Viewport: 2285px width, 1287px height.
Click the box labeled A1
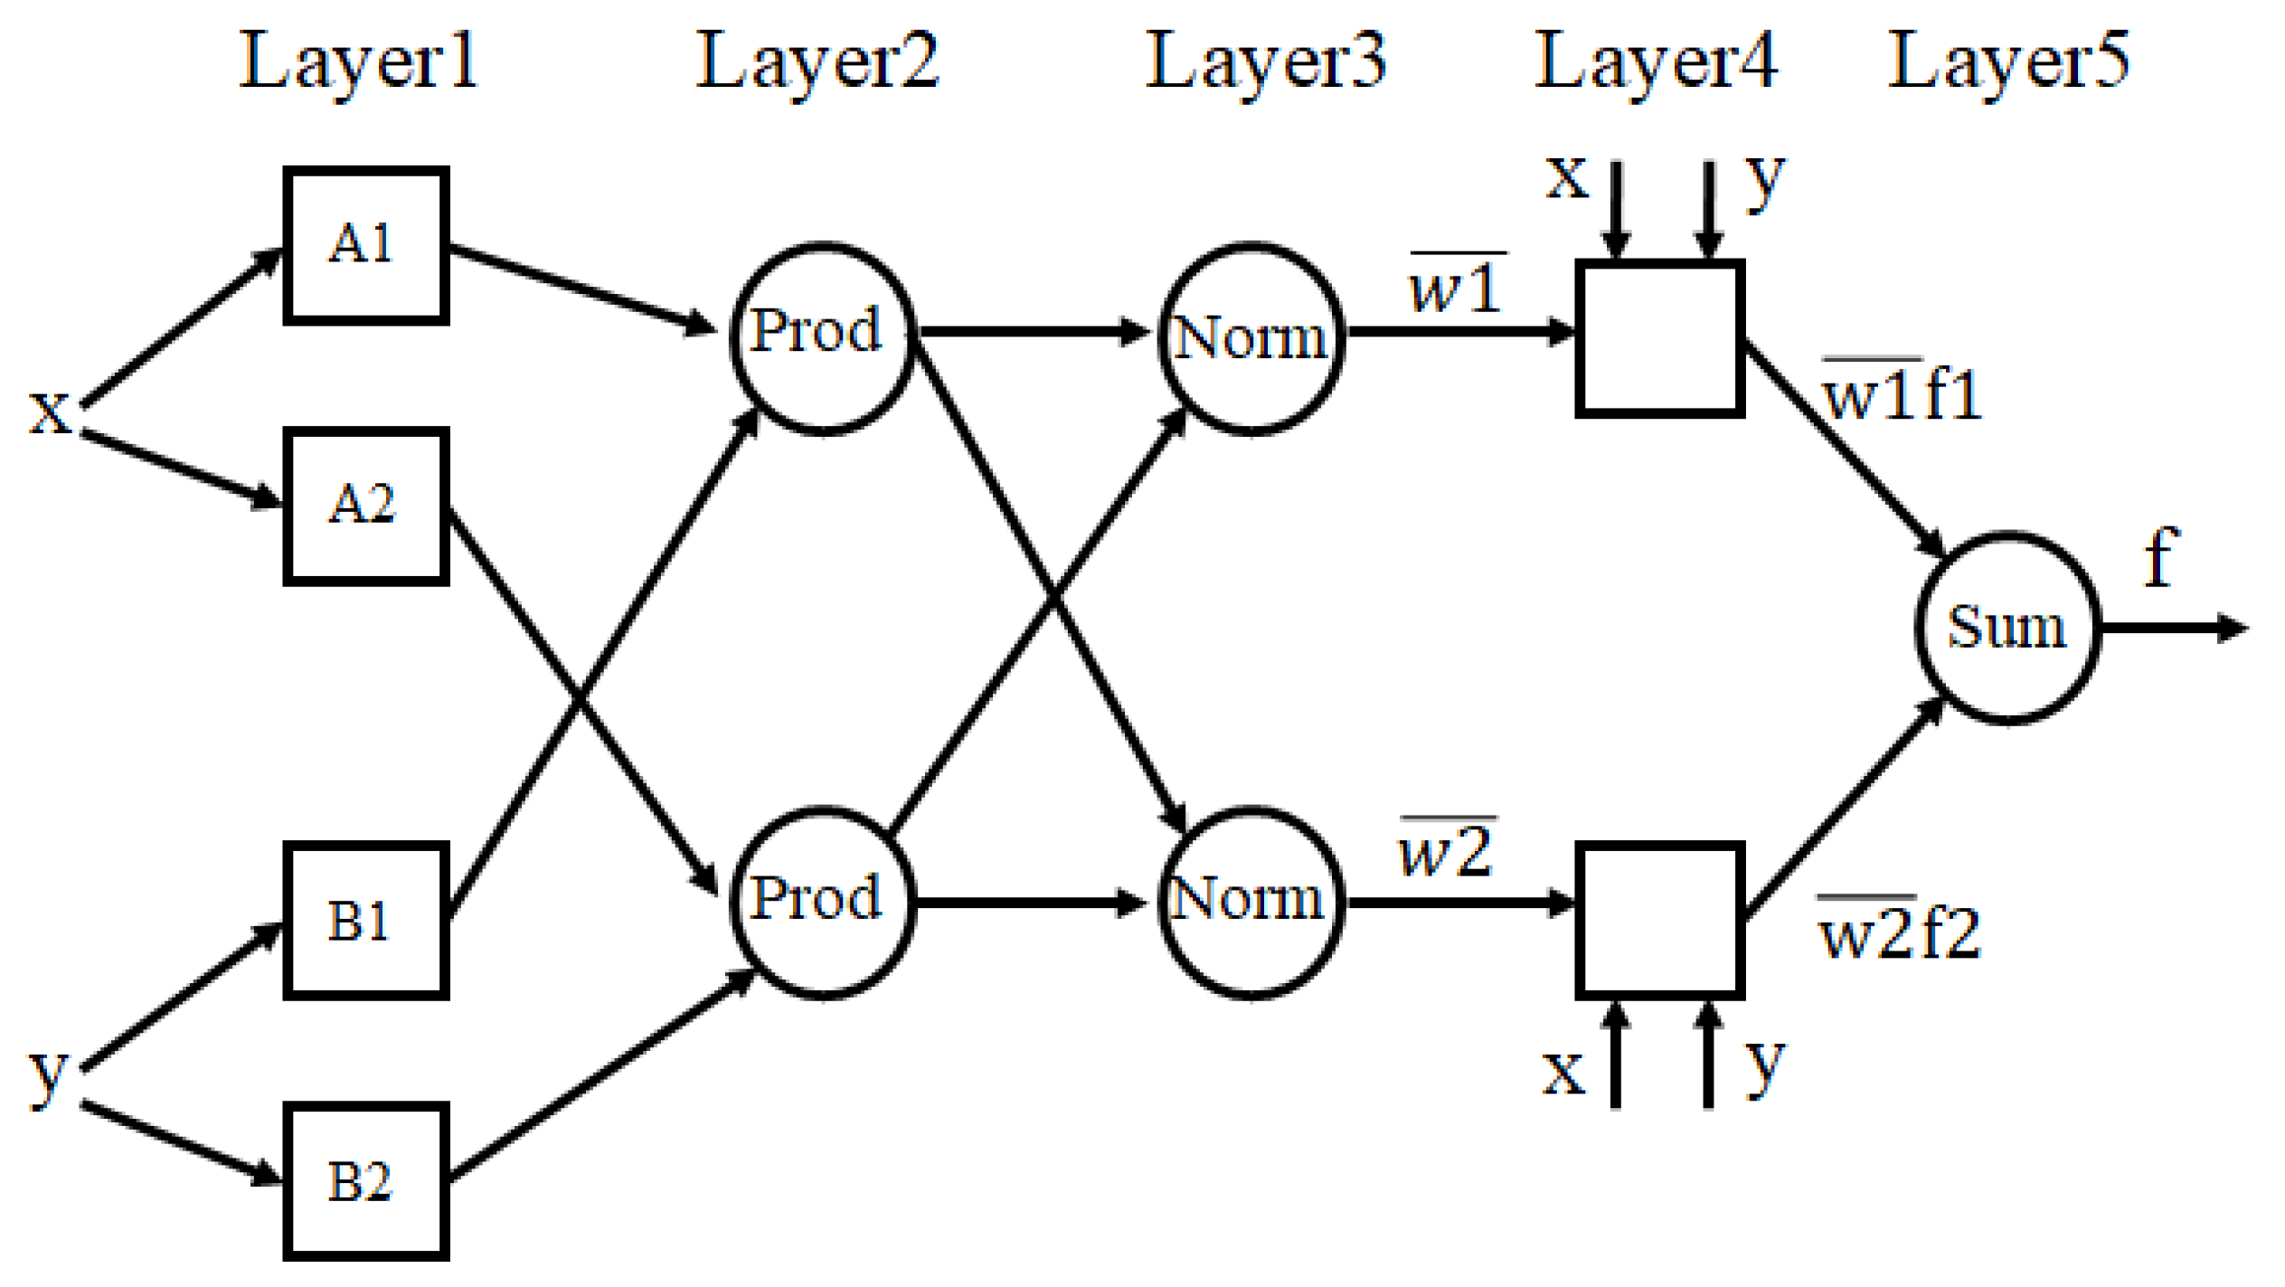coord(365,244)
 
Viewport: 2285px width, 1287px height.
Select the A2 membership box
coord(365,505)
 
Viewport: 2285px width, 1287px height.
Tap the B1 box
coord(365,920)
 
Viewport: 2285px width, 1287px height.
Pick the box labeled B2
coord(365,1180)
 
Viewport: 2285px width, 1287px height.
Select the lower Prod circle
coord(821,902)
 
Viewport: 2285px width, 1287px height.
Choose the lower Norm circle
coord(1251,902)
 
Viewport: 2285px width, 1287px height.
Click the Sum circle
coord(2006,627)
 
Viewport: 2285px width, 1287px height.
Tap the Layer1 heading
coord(358,62)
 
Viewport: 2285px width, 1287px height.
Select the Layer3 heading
coord(1265,62)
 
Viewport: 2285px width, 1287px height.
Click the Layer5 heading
coord(2008,62)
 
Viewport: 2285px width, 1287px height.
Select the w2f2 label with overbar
coord(1898,932)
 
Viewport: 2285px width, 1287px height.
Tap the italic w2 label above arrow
coord(1446,850)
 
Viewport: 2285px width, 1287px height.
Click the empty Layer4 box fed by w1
coord(1659,338)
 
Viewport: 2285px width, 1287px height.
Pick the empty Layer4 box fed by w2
coord(1659,920)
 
